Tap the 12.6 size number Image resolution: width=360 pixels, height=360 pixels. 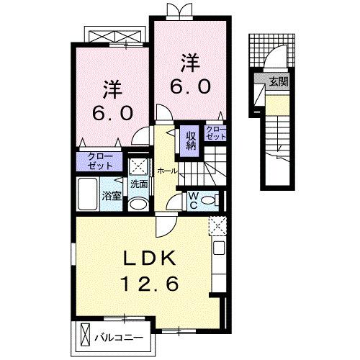click(149, 284)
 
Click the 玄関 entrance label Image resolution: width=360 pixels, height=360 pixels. click(278, 82)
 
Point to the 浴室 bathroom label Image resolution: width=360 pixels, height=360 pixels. click(111, 195)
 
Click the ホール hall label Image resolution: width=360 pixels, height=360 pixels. click(166, 171)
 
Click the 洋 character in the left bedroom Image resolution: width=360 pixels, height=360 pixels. click(111, 90)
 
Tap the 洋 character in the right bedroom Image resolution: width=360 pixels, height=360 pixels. click(189, 63)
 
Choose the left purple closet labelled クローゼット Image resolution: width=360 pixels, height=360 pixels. click(100, 161)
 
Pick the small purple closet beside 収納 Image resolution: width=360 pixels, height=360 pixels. click(216, 133)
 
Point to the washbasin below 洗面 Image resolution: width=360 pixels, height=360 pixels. click(139, 204)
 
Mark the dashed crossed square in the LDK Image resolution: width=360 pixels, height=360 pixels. click(217, 226)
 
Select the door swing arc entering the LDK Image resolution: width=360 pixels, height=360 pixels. click(165, 225)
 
